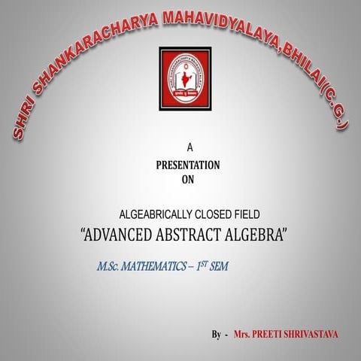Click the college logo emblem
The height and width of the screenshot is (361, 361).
185,76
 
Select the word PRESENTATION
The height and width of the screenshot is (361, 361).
188,164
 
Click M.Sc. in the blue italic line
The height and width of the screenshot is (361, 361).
111,267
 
